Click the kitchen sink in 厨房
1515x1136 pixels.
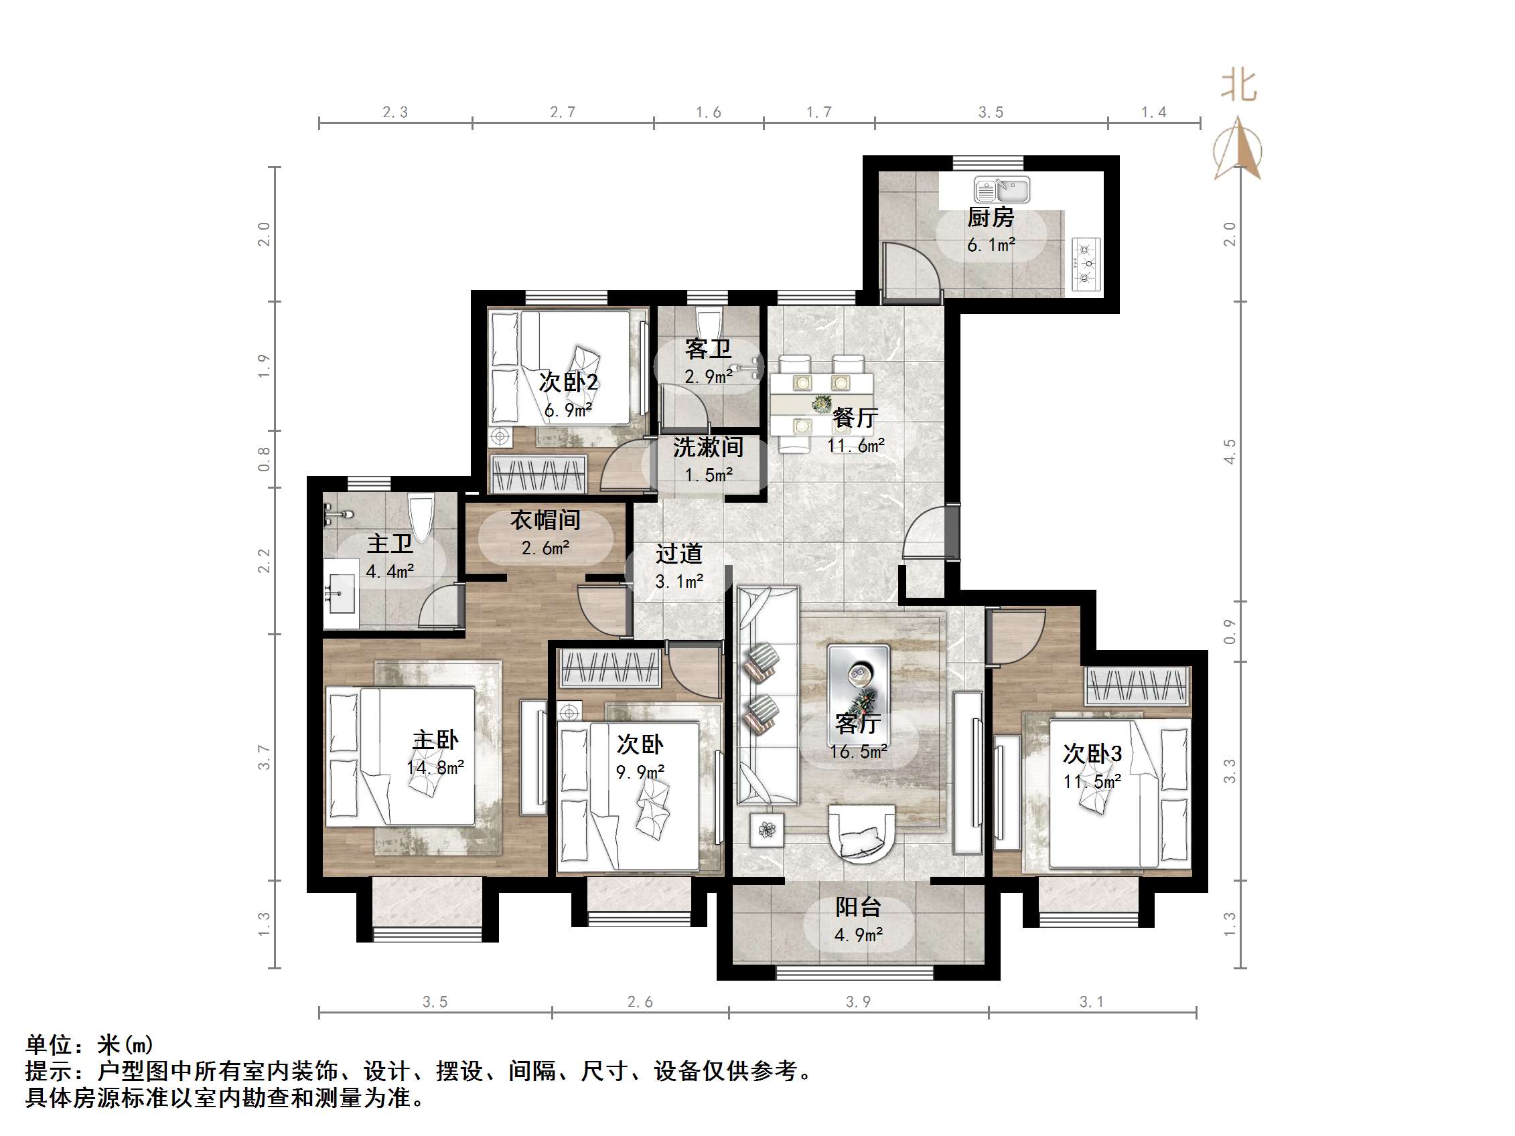point(1001,189)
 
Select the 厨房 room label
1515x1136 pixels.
point(990,218)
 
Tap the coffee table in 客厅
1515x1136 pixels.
point(858,681)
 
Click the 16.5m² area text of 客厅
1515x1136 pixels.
point(858,752)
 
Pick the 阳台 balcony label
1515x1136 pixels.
point(857,907)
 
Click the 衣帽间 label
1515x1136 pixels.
point(545,520)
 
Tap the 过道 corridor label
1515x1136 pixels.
point(678,554)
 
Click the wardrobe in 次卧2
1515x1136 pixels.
point(539,474)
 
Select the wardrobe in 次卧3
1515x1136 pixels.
point(1136,685)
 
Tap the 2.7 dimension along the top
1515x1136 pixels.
point(563,112)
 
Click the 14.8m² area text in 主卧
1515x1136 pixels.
point(435,768)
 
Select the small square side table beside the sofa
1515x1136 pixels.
point(767,830)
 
